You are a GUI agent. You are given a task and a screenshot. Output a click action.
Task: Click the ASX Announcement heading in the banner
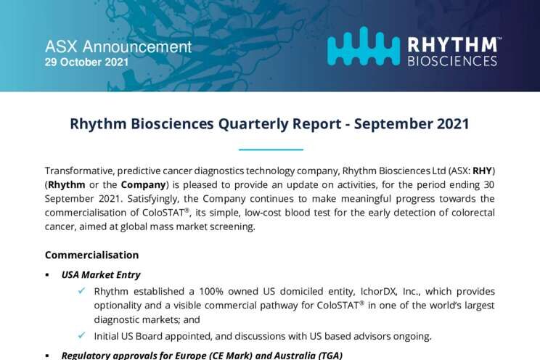pos(118,47)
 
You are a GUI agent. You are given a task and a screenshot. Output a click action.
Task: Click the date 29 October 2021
pos(86,62)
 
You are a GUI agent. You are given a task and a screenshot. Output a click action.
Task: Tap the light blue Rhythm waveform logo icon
pos(364,46)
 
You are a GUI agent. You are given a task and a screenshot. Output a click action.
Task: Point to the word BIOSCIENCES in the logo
pos(452,61)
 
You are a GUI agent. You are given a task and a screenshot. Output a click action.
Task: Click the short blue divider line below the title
pos(271,150)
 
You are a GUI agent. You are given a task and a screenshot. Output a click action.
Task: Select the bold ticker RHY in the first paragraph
pos(482,171)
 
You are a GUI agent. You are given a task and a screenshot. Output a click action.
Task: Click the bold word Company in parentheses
pos(143,185)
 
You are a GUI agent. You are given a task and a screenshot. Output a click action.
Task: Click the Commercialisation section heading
pos(92,255)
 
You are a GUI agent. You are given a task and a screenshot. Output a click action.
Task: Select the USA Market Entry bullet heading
pos(101,275)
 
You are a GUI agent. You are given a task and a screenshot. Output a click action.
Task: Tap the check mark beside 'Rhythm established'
pos(81,291)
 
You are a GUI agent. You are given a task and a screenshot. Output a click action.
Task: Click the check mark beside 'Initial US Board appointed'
pos(81,335)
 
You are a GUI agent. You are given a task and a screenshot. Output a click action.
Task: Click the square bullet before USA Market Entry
pos(47,275)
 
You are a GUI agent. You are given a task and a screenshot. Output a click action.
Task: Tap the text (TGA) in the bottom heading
pos(331,355)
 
